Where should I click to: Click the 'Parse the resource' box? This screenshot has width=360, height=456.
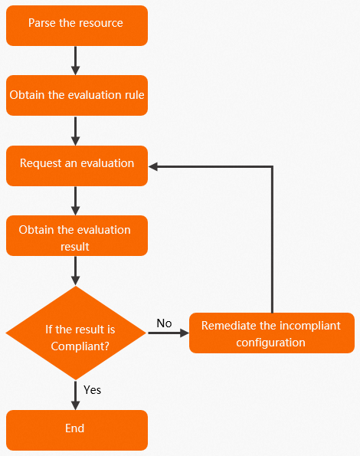(x=77, y=25)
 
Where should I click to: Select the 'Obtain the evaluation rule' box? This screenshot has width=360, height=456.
(x=77, y=95)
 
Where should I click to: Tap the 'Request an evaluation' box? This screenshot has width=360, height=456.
(x=77, y=166)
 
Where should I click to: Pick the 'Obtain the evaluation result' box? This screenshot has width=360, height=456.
(x=77, y=235)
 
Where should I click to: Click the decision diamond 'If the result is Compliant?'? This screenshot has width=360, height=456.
(x=76, y=333)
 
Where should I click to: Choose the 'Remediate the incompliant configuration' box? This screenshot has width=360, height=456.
(x=272, y=333)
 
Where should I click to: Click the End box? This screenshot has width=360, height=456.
(x=77, y=430)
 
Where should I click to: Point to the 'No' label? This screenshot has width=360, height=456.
(x=164, y=323)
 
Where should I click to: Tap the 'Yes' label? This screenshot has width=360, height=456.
(x=92, y=389)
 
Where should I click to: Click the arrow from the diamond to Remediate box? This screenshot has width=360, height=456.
(x=169, y=333)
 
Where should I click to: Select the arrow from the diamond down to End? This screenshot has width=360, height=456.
(x=76, y=395)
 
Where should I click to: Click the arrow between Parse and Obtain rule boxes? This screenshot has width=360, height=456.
(x=76, y=61)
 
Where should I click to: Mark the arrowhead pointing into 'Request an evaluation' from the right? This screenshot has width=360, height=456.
(x=153, y=166)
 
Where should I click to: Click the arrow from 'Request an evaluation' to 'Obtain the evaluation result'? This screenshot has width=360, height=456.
(x=76, y=201)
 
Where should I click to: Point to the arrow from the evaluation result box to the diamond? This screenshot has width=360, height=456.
(x=76, y=271)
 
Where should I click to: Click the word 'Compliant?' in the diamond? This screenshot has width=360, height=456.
(x=80, y=346)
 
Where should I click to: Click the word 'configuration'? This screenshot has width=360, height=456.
(x=270, y=343)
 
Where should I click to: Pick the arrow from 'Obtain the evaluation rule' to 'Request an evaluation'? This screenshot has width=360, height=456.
(x=76, y=131)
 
